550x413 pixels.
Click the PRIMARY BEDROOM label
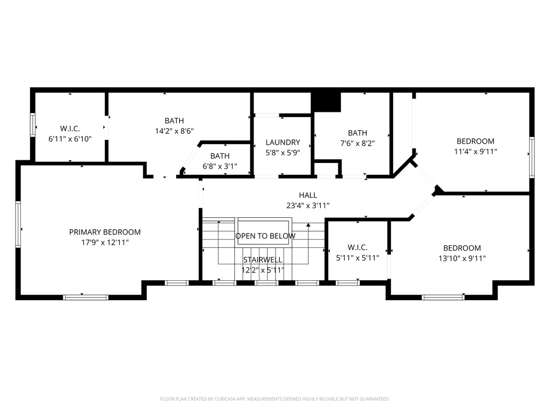pyautogui.click(x=105, y=232)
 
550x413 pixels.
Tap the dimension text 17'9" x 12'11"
pyautogui.click(x=105, y=243)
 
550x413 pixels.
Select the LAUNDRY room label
pyautogui.click(x=283, y=143)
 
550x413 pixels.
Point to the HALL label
pyautogui.click(x=308, y=195)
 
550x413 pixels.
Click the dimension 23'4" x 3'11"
pyautogui.click(x=308, y=205)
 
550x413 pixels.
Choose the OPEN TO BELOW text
pyautogui.click(x=265, y=236)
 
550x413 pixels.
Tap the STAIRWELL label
pyautogui.click(x=262, y=260)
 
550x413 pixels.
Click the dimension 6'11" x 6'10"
pyautogui.click(x=70, y=139)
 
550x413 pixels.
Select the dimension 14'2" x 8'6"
pyautogui.click(x=174, y=131)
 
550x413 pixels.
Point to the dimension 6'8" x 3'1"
pyautogui.click(x=219, y=166)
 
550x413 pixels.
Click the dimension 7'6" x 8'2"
pyautogui.click(x=357, y=144)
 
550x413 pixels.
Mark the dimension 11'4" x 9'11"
pyautogui.click(x=475, y=152)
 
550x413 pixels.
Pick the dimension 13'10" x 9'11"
pyautogui.click(x=462, y=258)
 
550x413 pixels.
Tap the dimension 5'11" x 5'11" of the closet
pyautogui.click(x=357, y=258)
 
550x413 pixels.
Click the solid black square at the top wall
pyautogui.click(x=326, y=102)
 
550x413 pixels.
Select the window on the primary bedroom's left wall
pyautogui.click(x=18, y=223)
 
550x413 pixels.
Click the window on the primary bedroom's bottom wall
pyautogui.click(x=86, y=297)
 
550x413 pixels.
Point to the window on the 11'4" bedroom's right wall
pyautogui.click(x=532, y=157)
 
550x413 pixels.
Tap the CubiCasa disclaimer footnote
pyautogui.click(x=274, y=399)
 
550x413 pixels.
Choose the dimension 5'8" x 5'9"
pyautogui.click(x=283, y=152)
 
